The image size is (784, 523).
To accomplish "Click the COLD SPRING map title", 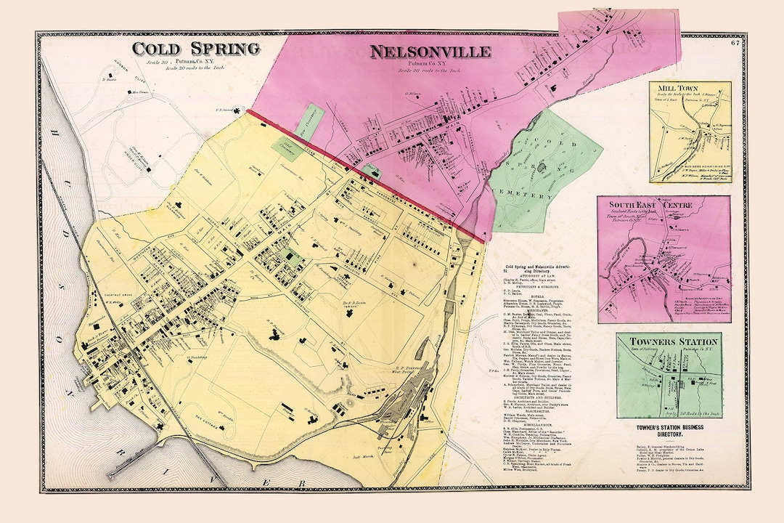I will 195,49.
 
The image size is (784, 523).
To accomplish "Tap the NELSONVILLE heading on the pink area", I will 430,52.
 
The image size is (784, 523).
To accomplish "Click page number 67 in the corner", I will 735,43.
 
